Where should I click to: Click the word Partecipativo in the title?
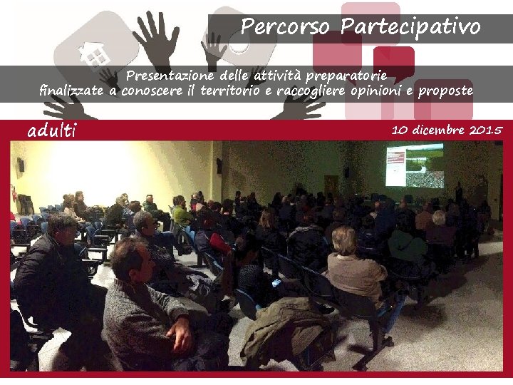point(410,27)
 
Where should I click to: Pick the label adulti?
point(51,131)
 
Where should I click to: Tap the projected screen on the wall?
point(414,165)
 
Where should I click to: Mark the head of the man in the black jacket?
point(62,229)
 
